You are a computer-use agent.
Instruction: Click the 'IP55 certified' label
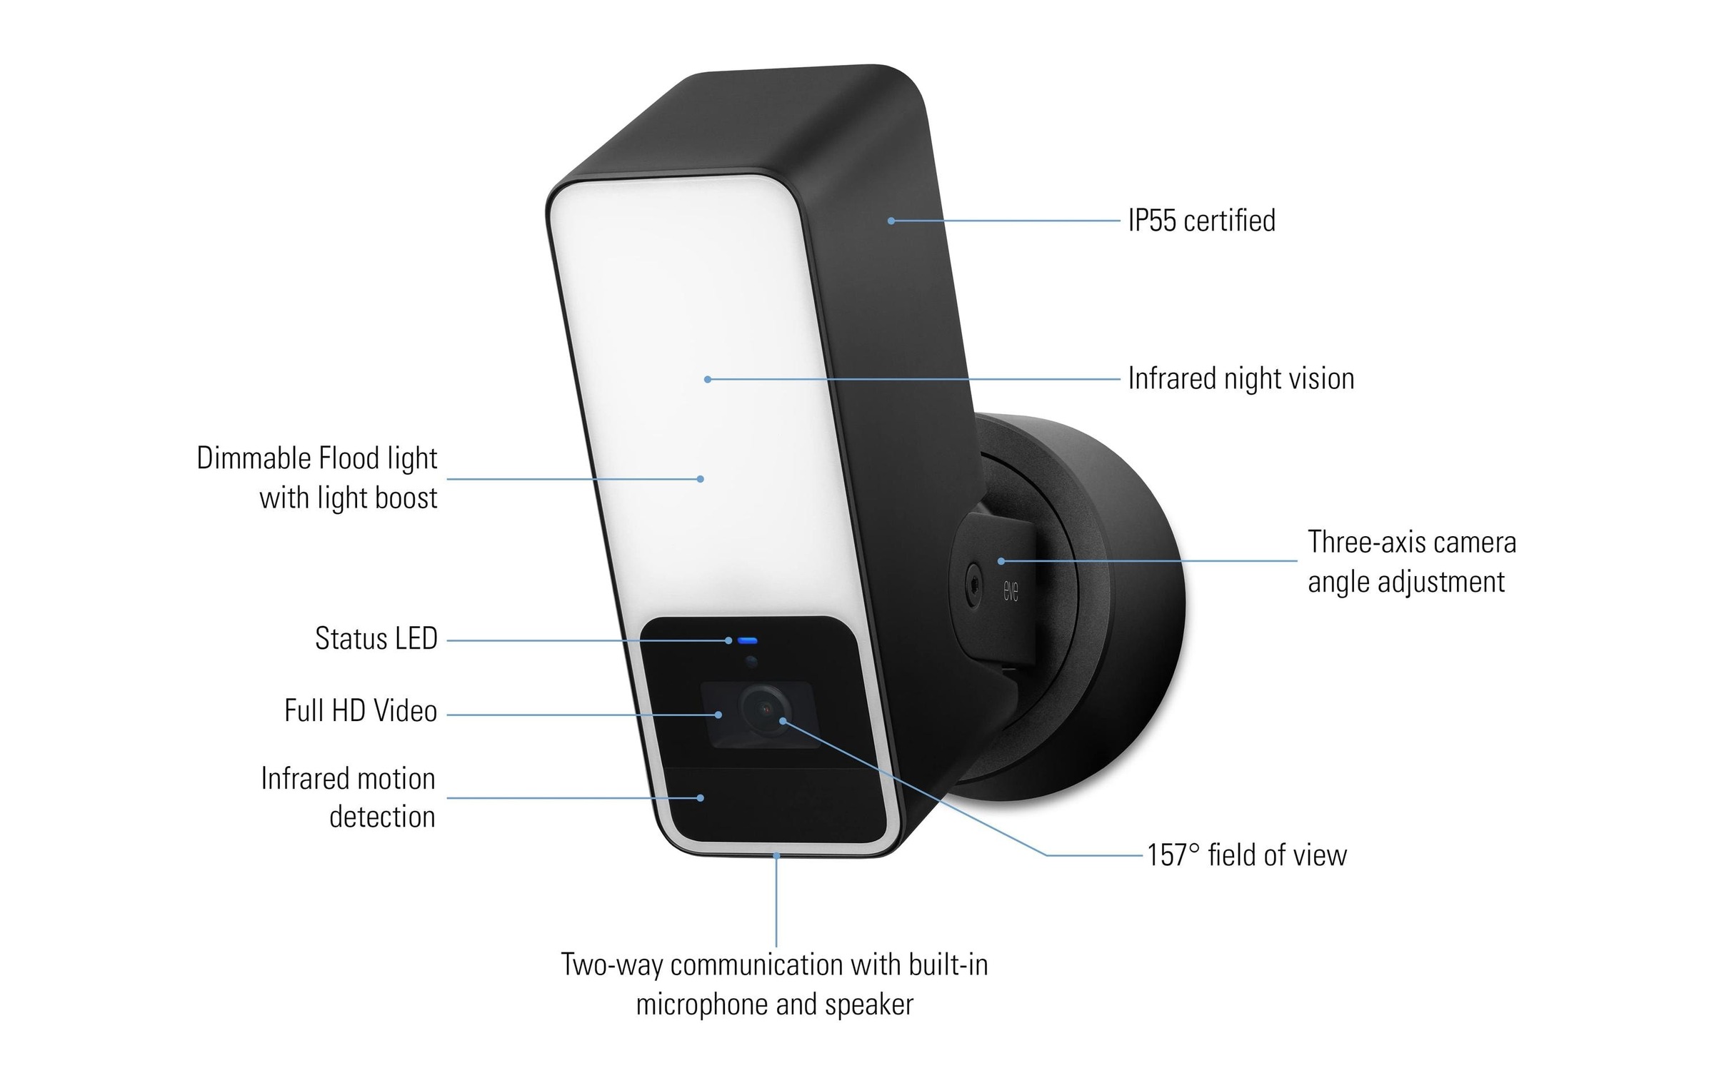[1201, 221]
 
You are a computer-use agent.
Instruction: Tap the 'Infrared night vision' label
[1241, 379]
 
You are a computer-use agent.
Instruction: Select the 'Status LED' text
[376, 639]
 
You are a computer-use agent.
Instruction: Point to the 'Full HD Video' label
[361, 711]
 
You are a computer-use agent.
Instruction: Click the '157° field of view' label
[1247, 855]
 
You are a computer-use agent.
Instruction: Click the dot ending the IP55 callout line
[891, 221]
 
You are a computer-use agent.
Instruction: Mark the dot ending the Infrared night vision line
[707, 380]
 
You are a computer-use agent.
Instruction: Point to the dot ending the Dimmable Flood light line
[700, 479]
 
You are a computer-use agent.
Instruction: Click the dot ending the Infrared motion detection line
[701, 798]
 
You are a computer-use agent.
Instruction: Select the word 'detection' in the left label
[382, 817]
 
